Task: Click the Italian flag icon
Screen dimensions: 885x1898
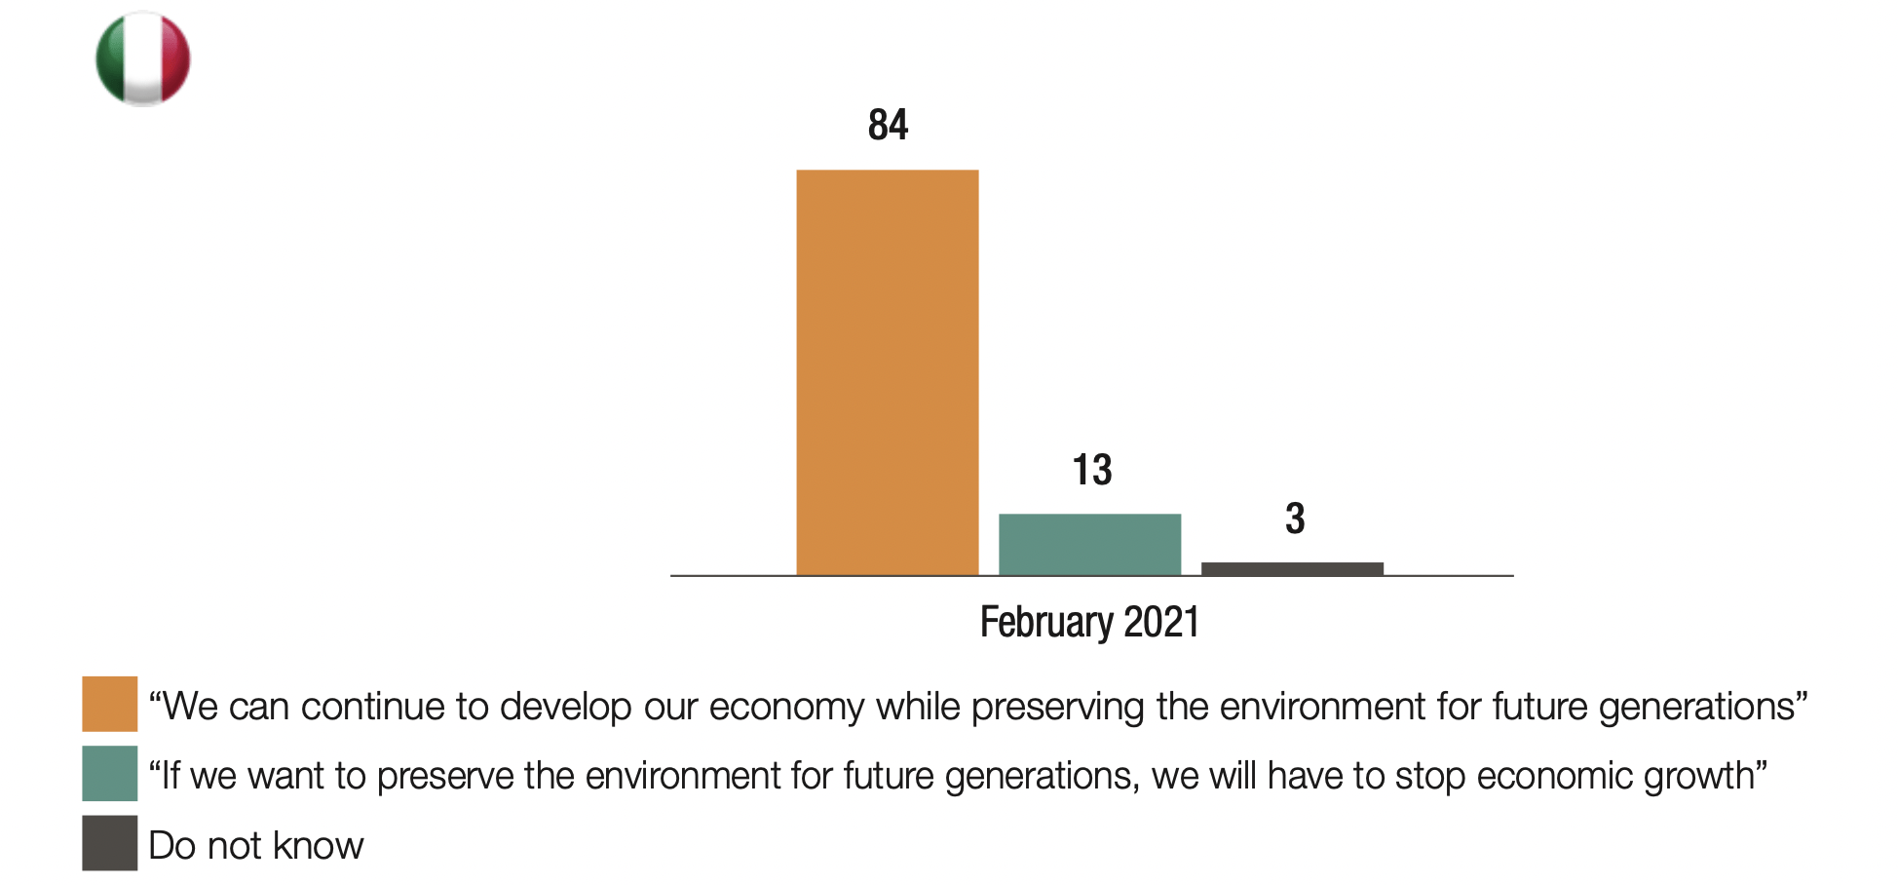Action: [142, 58]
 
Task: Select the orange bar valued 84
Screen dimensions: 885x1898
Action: [887, 372]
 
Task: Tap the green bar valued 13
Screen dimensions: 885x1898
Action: [1089, 544]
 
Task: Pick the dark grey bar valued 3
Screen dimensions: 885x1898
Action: [1292, 568]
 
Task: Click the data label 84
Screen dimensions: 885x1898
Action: [888, 125]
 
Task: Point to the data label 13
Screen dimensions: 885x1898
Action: [1091, 470]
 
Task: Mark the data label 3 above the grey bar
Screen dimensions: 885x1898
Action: [1294, 519]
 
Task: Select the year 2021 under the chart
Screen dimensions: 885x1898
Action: [1161, 622]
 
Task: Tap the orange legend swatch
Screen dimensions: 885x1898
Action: [109, 704]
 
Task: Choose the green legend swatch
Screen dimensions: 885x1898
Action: [109, 773]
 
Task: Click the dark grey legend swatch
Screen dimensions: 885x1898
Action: [109, 843]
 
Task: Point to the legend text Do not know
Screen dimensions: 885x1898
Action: [255, 845]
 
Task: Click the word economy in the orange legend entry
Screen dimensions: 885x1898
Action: [786, 707]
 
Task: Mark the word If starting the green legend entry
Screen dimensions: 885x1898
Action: [168, 776]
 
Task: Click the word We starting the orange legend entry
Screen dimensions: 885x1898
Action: [187, 707]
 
